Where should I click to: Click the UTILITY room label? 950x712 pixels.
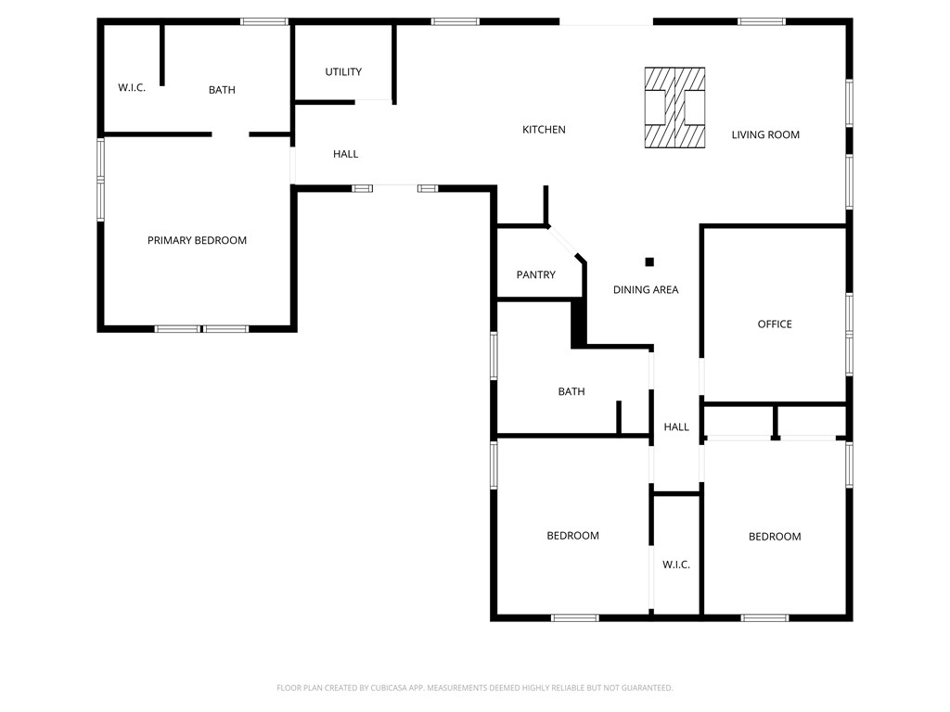tap(343, 72)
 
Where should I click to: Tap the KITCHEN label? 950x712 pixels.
tap(544, 130)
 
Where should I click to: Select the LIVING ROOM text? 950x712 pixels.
tap(765, 135)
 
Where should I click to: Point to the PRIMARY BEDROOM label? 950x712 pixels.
tap(197, 241)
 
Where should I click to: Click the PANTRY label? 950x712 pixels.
tap(536, 275)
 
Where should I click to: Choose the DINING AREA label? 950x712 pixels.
tap(646, 290)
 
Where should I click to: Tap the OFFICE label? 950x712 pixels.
tap(775, 324)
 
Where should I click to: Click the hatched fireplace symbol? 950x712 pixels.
tap(674, 108)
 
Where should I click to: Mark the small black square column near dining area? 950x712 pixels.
tap(649, 262)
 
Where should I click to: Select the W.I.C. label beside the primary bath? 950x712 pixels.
tap(132, 88)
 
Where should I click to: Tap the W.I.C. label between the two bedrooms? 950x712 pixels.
tap(676, 565)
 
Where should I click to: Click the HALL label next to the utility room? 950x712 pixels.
tap(345, 155)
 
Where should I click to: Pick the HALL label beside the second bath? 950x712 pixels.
tap(676, 427)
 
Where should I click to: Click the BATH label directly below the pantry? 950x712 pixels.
tap(571, 392)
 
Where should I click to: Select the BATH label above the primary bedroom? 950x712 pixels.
tap(222, 90)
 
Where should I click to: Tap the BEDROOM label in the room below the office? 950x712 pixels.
tap(775, 537)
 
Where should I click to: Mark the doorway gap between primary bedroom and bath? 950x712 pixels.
tap(230, 135)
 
